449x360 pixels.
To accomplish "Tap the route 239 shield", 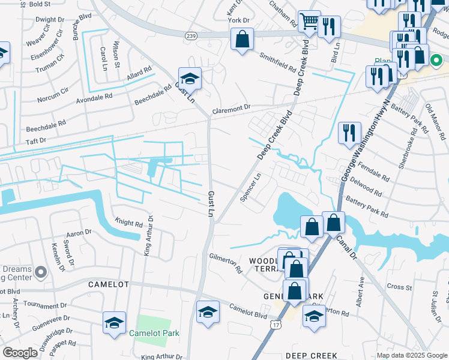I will coord(191,36).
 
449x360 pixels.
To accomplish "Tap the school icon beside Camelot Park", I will coord(114,323).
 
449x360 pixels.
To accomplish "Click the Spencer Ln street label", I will coord(252,188).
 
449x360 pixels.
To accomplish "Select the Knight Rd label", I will coord(130,223).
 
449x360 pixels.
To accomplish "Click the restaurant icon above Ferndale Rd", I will coord(349,133).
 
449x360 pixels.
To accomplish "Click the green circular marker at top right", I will coord(436,60).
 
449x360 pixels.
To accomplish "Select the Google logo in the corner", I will coord(20,353).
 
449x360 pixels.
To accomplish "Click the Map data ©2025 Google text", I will coord(411,355).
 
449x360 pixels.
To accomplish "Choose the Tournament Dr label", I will coord(39,305).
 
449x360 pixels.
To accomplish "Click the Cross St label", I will coord(399,287).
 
